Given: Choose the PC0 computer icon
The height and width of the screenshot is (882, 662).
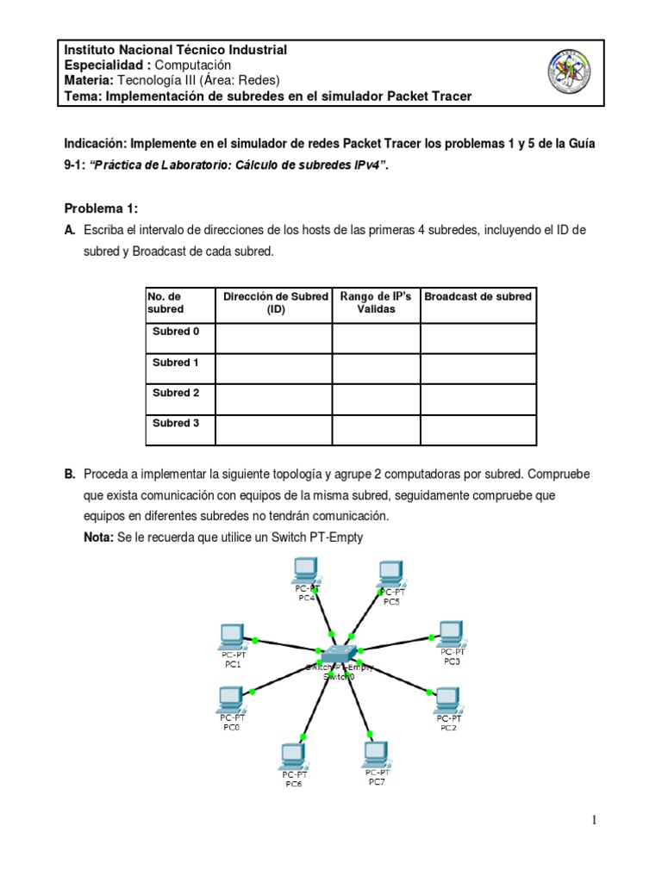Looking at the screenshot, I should [230, 698].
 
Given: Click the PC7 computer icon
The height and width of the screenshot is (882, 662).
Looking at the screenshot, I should [376, 754].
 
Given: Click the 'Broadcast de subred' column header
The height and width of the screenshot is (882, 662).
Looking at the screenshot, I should [478, 296].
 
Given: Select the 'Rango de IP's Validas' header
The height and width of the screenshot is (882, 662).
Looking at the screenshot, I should [376, 302].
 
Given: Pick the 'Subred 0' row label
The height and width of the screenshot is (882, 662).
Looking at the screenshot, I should [176, 332].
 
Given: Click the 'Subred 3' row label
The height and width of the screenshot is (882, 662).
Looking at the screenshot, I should [176, 423].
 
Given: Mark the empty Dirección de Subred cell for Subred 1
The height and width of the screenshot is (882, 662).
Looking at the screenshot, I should [273, 369].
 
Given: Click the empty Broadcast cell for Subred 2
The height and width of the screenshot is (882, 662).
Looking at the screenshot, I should [478, 399].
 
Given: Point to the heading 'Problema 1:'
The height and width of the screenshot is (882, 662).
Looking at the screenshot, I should [102, 209].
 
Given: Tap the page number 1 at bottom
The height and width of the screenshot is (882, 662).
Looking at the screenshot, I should [594, 820].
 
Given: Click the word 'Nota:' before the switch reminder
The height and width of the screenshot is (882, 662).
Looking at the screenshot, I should [99, 537].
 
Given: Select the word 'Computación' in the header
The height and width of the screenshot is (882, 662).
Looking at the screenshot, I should [194, 65].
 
